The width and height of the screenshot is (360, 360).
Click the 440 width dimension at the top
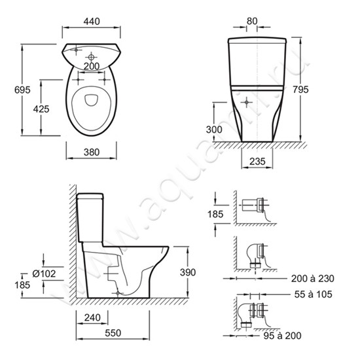tap(92, 22)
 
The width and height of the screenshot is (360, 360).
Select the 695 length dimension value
tap(22, 90)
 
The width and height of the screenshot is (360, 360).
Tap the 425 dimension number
tap(41, 109)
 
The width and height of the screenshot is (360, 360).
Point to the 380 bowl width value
tap(92, 153)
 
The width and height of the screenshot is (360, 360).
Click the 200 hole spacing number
tap(92, 66)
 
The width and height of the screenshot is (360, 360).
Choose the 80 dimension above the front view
tap(252, 21)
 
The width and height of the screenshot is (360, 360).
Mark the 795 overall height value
tap(301, 90)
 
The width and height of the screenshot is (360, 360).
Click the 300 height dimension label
tap(214, 130)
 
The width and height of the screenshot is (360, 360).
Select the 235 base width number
tap(257, 162)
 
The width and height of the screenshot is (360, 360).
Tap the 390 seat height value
tap(188, 272)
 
